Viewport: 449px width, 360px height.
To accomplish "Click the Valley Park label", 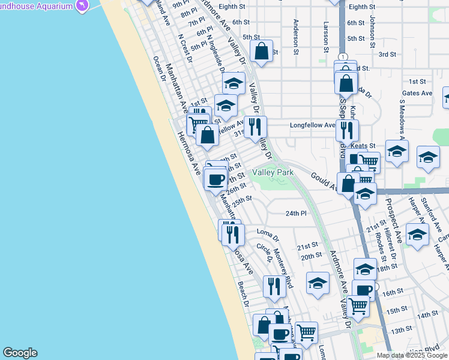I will pos(273,173).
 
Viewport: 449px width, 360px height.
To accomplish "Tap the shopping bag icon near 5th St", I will pos(262,52).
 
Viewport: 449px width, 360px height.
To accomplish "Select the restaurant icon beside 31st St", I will pos(256,126).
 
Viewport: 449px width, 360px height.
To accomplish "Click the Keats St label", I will pos(363,146).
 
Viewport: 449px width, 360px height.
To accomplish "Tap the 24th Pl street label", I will pos(296,213).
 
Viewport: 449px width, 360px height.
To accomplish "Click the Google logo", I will pos(20,353).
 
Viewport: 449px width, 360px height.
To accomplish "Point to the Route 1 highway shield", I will pos(342,57).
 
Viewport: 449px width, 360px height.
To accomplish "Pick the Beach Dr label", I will pos(243,294).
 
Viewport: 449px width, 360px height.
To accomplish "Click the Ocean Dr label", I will pos(159,68).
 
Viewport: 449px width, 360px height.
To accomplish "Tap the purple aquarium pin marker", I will pos(83,5).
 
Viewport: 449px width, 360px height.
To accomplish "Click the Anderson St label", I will pos(296,37).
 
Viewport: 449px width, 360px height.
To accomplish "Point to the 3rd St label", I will pos(387,54).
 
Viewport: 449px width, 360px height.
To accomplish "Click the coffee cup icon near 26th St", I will pos(215,178).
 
